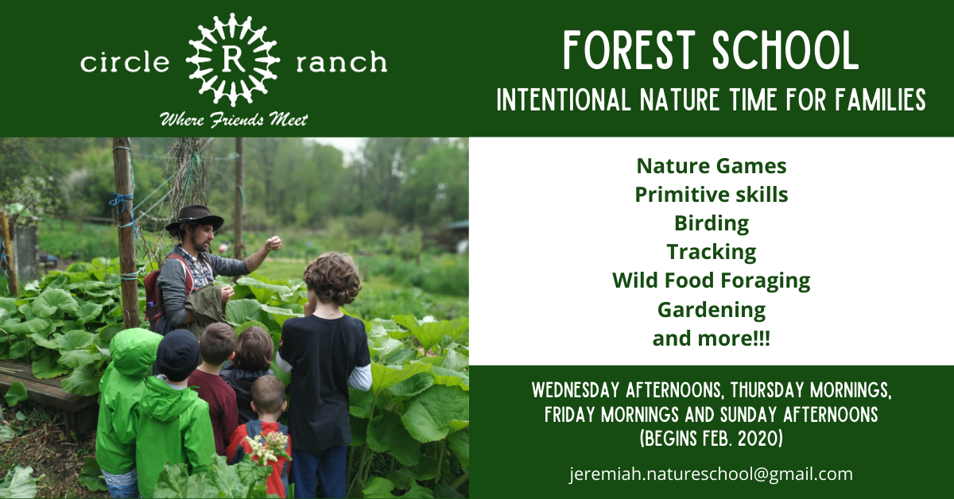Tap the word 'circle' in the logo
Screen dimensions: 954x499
(125, 62)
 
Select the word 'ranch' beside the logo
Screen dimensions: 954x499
(342, 62)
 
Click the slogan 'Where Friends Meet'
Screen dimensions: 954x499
(234, 120)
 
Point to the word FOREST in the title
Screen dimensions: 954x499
(630, 50)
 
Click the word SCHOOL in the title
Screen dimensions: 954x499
(785, 50)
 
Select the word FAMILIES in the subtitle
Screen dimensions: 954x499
(880, 99)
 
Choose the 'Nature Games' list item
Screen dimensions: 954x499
(712, 166)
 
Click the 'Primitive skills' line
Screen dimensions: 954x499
(712, 195)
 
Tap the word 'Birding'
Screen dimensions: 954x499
(712, 224)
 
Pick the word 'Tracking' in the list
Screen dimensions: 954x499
(712, 253)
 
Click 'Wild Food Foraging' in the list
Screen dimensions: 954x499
(712, 281)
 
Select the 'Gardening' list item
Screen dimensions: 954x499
(712, 310)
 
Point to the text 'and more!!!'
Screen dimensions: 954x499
(712, 338)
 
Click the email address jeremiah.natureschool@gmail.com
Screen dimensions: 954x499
(712, 474)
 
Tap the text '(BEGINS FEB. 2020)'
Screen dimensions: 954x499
(712, 438)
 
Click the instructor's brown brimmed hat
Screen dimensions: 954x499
(194, 218)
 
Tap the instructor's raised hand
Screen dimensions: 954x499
(273, 243)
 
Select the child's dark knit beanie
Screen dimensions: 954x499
(177, 354)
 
